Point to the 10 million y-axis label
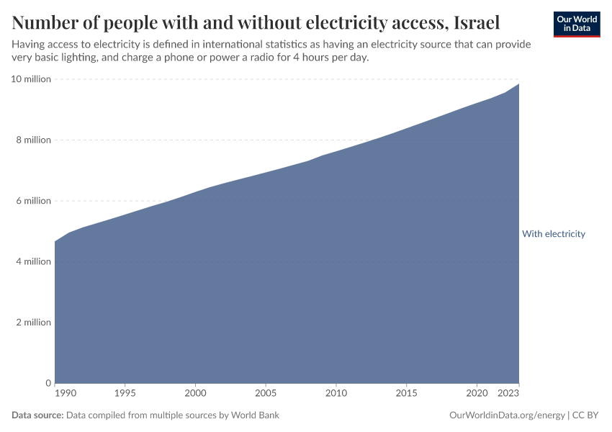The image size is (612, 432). [31, 79]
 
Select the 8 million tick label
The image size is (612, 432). [33, 140]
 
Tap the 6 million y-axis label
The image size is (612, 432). [33, 201]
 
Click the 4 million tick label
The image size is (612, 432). [33, 261]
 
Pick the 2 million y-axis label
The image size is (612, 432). [33, 323]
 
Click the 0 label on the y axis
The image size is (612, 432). [48, 383]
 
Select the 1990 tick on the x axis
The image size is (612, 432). [65, 393]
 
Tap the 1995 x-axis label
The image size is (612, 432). [125, 393]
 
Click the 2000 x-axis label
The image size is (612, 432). [195, 393]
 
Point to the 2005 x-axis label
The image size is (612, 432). [266, 393]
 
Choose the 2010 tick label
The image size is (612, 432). [336, 393]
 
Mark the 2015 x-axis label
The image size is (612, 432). [407, 393]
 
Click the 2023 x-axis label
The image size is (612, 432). [508, 393]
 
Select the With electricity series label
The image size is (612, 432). [553, 234]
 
